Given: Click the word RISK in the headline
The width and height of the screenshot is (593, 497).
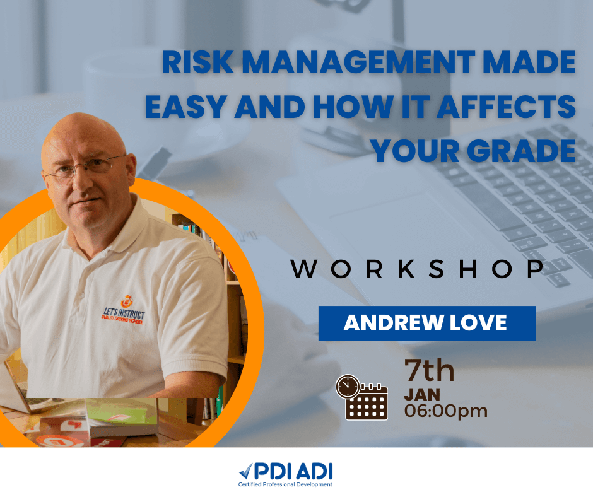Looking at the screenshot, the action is click(x=198, y=62).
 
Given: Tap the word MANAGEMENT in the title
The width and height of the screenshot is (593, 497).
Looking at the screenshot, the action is click(x=358, y=62).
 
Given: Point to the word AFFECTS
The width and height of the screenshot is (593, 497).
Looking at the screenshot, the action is click(x=507, y=107).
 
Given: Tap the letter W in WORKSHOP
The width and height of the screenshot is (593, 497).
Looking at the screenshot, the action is click(x=304, y=269).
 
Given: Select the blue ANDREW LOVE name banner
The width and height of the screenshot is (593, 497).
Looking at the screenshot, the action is click(x=427, y=323).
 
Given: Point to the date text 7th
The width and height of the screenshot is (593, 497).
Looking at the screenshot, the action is click(x=429, y=370).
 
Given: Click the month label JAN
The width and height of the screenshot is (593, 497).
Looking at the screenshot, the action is click(x=422, y=395).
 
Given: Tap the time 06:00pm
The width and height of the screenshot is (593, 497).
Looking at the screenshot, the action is click(x=446, y=411).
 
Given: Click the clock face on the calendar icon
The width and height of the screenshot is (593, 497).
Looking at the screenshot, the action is click(x=348, y=387).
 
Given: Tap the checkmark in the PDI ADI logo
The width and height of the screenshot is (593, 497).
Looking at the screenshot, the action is click(x=245, y=471).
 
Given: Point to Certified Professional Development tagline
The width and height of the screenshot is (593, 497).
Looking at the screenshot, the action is click(x=286, y=484).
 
